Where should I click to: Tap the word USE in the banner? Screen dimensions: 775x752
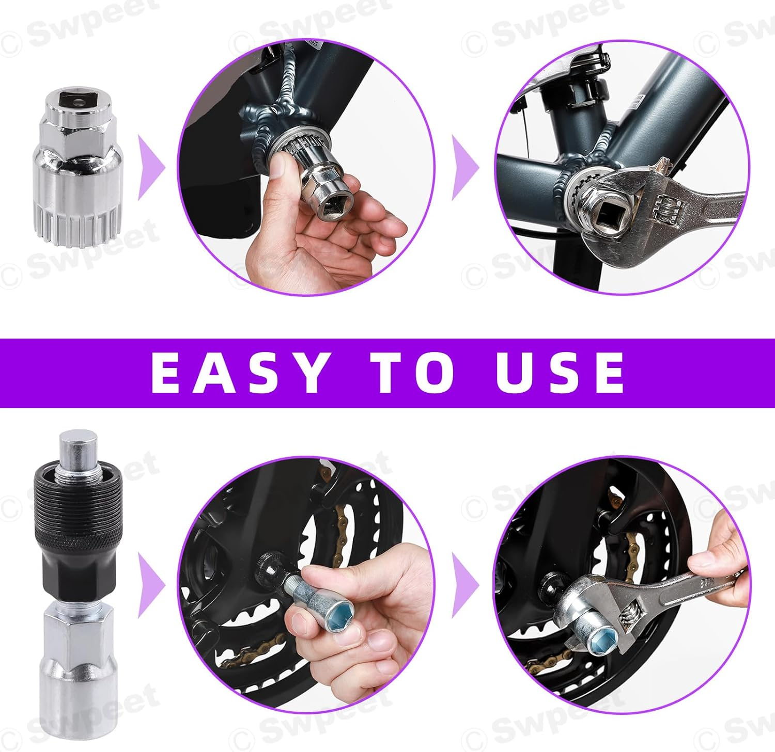click(560, 373)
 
